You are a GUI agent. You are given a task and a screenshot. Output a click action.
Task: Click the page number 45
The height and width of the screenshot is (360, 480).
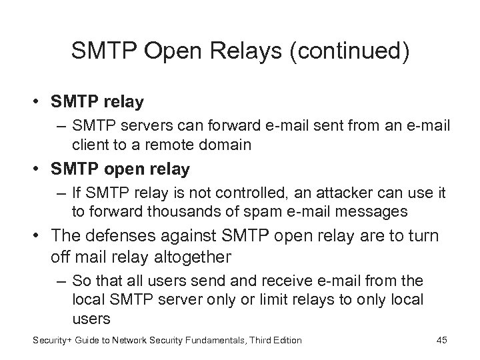pos(441,341)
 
